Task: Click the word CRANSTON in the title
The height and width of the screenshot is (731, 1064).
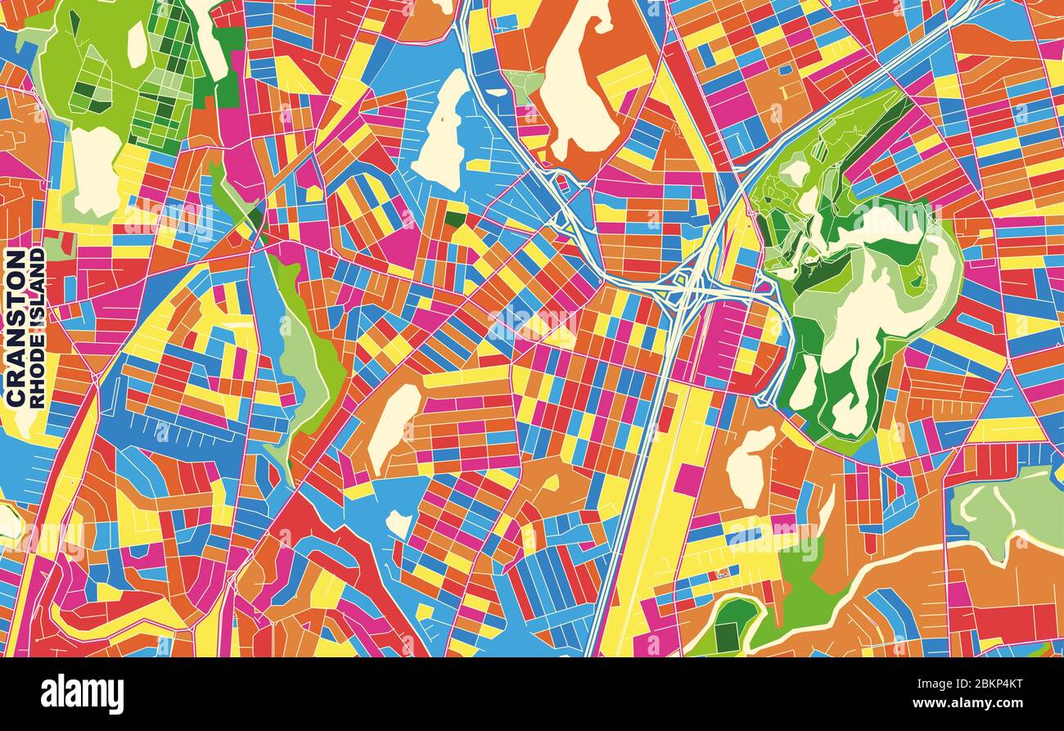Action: point(16,327)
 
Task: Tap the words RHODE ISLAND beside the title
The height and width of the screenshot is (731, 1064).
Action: point(37,327)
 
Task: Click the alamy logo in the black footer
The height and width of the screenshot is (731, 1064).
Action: point(82,694)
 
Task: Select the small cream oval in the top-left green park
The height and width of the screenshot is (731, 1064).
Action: point(137,44)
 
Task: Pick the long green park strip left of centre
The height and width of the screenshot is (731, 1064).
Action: point(307,352)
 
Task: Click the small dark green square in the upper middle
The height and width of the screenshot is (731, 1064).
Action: point(455,219)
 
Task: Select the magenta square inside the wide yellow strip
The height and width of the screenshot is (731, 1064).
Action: point(688,480)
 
